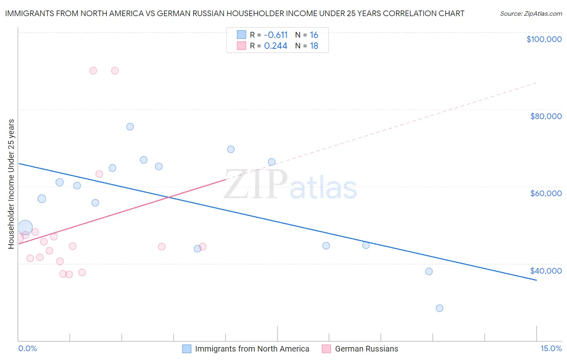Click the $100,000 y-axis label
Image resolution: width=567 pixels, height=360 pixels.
[544, 39]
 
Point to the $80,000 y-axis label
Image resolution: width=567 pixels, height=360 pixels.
[546, 116]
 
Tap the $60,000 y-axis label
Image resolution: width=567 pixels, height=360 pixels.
[546, 193]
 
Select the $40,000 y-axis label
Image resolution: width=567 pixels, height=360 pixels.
[546, 271]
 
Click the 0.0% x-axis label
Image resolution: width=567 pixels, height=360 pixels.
[27, 348]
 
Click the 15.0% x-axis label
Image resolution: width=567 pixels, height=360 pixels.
[550, 348]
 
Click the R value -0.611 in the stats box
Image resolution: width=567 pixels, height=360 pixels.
[275, 35]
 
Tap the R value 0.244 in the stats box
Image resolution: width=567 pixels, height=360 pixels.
[275, 46]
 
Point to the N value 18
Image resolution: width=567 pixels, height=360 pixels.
[314, 46]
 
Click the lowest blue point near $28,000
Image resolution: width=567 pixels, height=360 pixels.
[439, 308]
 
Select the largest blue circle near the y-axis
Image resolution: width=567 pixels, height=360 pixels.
[25, 228]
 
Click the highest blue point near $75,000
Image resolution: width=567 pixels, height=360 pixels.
[130, 127]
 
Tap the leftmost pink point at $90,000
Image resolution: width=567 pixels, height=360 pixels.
[93, 71]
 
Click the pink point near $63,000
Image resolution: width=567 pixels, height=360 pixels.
[99, 174]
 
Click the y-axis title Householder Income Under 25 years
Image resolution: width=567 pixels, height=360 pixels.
[11, 184]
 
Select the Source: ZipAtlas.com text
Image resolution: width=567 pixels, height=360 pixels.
[531, 14]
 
